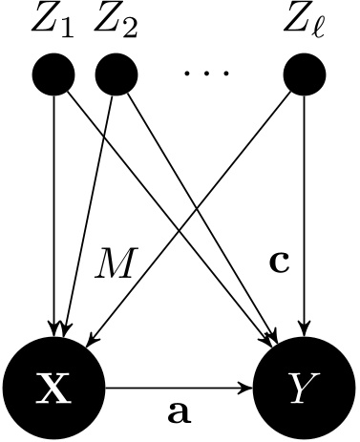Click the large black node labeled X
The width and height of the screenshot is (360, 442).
pyautogui.click(x=53, y=389)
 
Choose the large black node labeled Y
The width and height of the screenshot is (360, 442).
pyautogui.click(x=305, y=389)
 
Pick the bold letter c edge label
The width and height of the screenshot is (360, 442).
pyautogui.click(x=279, y=263)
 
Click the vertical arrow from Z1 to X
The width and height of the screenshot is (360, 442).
pyautogui.click(x=54, y=191)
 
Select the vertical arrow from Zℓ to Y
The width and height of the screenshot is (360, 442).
pyautogui.click(x=305, y=191)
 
